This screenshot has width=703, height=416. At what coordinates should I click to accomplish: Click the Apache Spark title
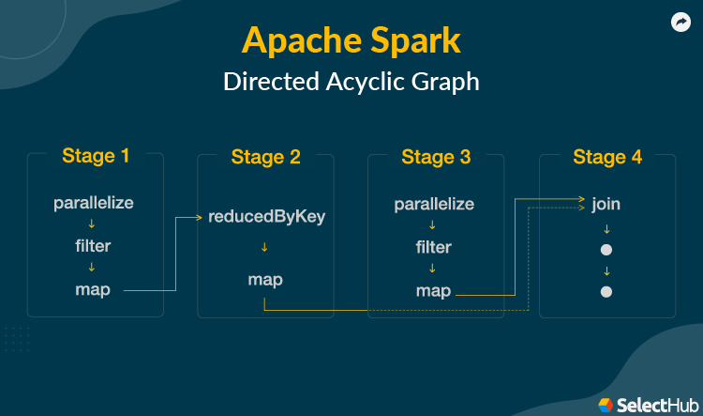click(351, 40)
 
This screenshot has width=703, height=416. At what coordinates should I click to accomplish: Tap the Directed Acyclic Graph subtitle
click(351, 82)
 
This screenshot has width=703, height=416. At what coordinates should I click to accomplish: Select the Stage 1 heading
click(96, 156)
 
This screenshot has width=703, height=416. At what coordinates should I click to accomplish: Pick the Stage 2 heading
click(266, 157)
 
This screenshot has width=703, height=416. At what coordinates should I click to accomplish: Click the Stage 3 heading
click(436, 157)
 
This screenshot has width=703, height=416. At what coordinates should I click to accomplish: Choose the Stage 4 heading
click(607, 157)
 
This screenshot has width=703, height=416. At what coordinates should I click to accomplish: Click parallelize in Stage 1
click(94, 203)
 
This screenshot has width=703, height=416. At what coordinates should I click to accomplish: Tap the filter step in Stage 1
click(93, 246)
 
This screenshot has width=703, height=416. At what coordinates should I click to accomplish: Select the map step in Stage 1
click(93, 289)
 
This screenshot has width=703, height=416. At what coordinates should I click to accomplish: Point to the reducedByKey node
click(266, 217)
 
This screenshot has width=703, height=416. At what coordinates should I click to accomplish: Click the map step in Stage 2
click(265, 279)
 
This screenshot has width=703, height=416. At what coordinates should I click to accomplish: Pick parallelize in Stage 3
click(434, 204)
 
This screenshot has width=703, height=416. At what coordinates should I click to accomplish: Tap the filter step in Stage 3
click(433, 247)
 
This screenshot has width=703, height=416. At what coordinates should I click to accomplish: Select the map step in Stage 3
click(433, 291)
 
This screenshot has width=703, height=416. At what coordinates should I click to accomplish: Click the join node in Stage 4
click(606, 203)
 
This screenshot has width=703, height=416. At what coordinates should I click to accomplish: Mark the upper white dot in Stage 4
click(606, 250)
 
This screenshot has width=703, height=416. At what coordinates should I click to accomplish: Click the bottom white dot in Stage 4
click(606, 292)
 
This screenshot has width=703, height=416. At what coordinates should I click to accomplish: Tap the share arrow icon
click(681, 23)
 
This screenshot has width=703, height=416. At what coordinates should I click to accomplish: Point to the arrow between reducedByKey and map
click(265, 248)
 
